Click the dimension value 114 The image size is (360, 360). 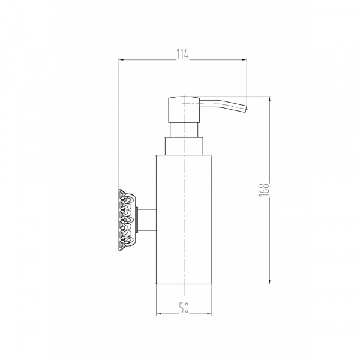coord(182,55)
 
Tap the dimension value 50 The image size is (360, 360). coord(184,308)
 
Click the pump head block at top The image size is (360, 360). coord(184,110)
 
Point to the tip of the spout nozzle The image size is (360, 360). coord(247,110)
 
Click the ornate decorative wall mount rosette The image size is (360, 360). coord(127,220)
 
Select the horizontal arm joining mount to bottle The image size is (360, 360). coord(147,220)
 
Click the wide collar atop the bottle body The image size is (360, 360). coord(184,146)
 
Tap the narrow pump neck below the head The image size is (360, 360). coord(184,130)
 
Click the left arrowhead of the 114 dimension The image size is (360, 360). coord(121,59)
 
